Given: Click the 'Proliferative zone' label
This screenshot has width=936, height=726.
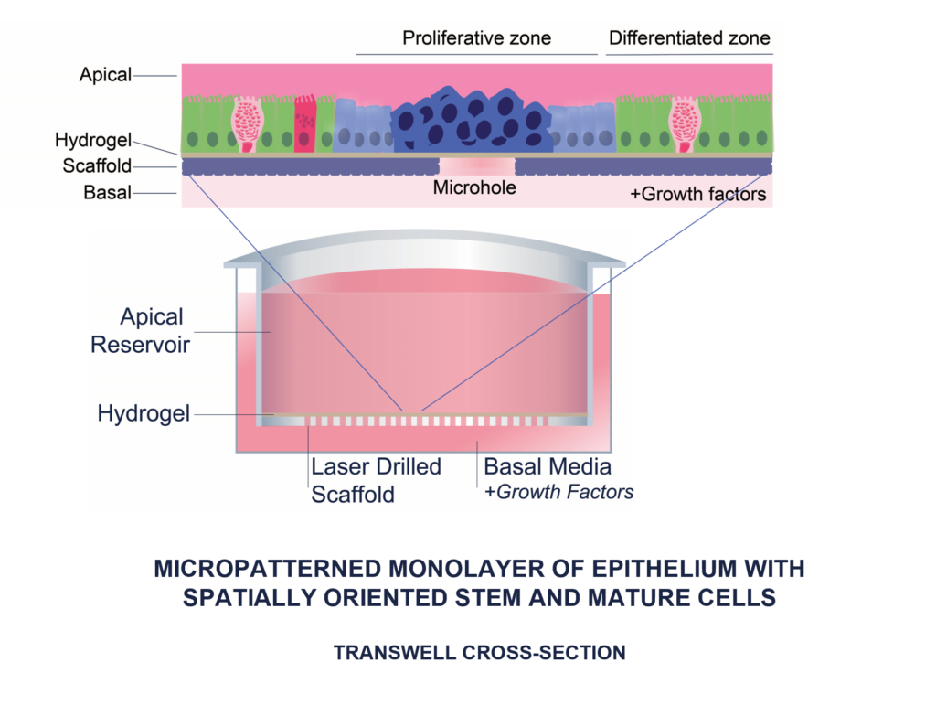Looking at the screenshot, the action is [476, 38].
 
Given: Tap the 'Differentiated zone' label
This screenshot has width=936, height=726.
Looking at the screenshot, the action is [689, 38].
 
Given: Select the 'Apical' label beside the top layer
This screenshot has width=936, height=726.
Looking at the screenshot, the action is [105, 75].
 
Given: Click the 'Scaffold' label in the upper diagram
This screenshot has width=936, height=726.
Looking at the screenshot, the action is [97, 165].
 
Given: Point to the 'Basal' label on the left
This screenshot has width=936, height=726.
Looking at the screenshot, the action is [108, 192].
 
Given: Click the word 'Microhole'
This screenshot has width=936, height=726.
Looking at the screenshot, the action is [474, 187].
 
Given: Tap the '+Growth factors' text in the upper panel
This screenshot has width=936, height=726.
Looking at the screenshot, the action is [697, 194].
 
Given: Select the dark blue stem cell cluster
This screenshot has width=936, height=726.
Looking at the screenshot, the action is [473, 120].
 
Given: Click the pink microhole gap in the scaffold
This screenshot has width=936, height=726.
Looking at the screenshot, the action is [477, 165].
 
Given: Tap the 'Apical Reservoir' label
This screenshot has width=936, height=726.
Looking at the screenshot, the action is [141, 331].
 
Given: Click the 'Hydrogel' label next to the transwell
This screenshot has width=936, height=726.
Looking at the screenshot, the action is [144, 413].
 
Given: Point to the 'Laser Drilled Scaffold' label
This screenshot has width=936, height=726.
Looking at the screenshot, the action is [376, 481].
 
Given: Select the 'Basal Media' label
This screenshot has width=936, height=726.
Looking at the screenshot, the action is [548, 466].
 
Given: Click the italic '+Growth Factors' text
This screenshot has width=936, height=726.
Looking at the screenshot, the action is [558, 492].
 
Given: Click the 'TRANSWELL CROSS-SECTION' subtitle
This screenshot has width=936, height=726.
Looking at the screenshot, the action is [479, 653].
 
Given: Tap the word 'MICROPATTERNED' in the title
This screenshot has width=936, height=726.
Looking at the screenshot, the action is [267, 569].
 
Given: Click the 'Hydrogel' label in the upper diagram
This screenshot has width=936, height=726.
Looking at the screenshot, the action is [93, 140].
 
